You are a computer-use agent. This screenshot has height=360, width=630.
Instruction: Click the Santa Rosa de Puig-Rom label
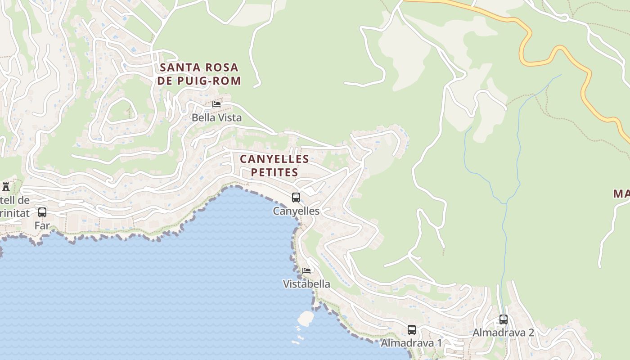click(x=200, y=74)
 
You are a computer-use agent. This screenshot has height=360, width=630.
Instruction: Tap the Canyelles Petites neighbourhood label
click(x=274, y=165)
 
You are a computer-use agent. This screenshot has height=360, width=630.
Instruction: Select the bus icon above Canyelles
click(x=296, y=197)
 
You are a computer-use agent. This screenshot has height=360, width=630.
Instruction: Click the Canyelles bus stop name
click(x=296, y=211)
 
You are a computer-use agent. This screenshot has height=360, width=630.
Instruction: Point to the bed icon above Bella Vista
click(x=216, y=104)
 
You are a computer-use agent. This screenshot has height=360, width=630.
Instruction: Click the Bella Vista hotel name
click(x=216, y=118)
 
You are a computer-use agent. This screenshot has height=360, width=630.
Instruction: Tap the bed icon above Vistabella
click(x=306, y=270)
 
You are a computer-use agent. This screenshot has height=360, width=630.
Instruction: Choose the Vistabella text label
click(x=306, y=284)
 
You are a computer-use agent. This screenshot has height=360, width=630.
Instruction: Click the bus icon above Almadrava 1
click(x=412, y=329)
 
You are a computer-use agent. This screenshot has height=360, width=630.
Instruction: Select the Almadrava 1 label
click(x=411, y=343)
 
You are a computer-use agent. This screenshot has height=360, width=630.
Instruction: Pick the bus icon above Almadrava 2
click(x=504, y=319)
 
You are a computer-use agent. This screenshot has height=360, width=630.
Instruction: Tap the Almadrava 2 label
click(x=503, y=333)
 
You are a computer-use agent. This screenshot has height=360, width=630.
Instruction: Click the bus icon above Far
click(x=42, y=212)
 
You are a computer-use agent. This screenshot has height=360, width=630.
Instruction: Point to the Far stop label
click(x=42, y=225)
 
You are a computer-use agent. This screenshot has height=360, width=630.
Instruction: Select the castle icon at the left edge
click(x=6, y=186)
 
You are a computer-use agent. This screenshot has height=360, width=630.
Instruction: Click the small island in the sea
click(x=306, y=318)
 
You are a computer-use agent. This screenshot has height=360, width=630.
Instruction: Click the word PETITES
click(x=274, y=172)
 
